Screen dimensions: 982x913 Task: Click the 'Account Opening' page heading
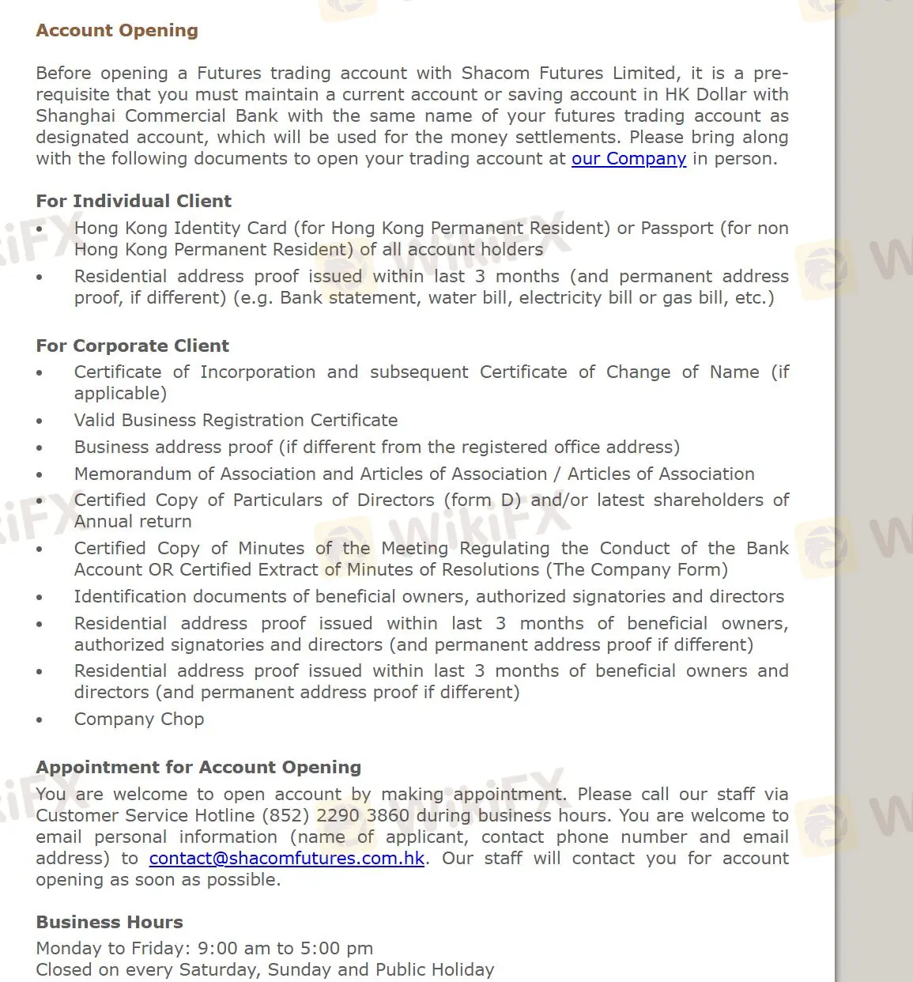(x=117, y=31)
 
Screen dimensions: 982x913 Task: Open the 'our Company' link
(x=628, y=159)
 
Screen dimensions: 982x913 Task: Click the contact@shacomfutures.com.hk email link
(x=287, y=859)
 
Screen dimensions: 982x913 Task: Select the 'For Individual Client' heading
(x=134, y=201)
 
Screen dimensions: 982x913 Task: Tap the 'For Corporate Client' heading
(x=132, y=346)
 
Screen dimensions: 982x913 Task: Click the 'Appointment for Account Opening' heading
(x=198, y=767)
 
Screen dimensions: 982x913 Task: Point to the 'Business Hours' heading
(x=109, y=922)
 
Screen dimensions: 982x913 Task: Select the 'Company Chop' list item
(x=139, y=720)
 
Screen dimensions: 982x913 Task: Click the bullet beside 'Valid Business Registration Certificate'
(x=40, y=421)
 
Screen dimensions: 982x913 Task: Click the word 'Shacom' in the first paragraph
(x=496, y=74)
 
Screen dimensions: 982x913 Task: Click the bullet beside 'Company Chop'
(x=40, y=720)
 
